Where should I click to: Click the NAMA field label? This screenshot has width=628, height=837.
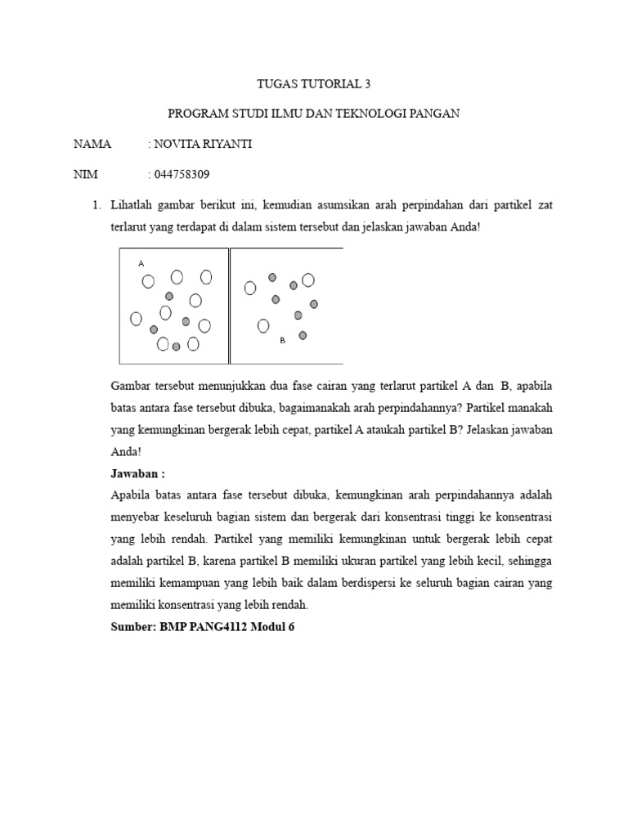pos(92,144)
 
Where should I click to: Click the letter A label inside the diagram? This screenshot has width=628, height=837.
pos(141,263)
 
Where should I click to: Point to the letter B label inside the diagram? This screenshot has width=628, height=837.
pos(282,340)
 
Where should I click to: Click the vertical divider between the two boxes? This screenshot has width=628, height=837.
pos(229,306)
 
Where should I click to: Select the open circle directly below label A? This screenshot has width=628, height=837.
pos(148,281)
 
